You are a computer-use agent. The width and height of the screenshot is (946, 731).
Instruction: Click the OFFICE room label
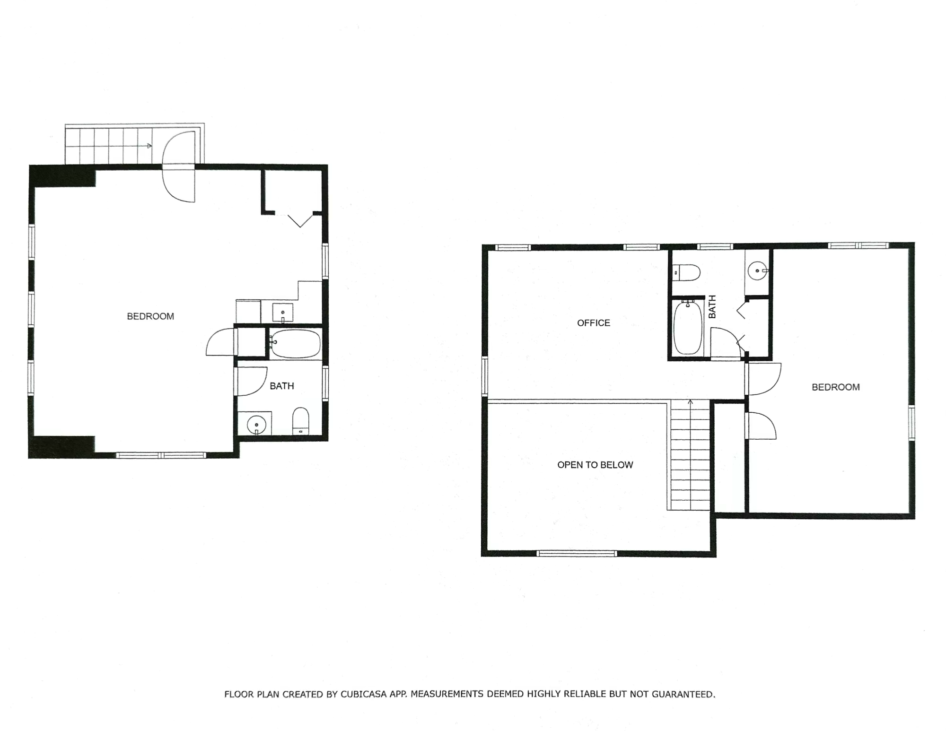pos(593,323)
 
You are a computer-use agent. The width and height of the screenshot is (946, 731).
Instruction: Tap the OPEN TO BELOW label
pos(595,465)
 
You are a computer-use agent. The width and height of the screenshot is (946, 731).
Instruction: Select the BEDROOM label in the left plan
pos(150,316)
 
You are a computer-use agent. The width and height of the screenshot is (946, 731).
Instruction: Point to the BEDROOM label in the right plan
pos(835,387)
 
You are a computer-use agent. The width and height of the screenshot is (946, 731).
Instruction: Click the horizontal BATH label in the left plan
pos(282,386)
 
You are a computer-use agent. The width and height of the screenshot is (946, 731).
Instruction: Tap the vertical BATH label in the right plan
pos(712,306)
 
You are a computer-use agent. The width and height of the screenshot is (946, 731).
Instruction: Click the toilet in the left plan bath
pos(300,421)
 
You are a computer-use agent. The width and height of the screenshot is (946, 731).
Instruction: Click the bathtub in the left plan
pos(296,343)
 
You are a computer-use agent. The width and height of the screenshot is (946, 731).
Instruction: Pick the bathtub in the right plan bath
pos(688,329)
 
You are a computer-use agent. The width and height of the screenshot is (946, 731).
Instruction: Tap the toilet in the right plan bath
pos(687,273)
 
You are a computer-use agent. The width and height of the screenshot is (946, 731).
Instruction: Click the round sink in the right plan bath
pos(758,271)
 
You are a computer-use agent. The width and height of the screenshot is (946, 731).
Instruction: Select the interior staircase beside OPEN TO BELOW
pos(690,456)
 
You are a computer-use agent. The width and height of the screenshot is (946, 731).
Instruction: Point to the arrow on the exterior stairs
pos(149,146)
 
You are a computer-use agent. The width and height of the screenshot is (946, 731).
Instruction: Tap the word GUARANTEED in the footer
pos(683,694)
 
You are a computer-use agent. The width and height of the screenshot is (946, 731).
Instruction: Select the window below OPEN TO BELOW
pos(577,553)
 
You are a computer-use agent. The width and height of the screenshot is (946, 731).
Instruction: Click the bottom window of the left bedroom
pos(161,455)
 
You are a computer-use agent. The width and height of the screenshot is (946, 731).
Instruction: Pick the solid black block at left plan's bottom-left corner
pos(61,446)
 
